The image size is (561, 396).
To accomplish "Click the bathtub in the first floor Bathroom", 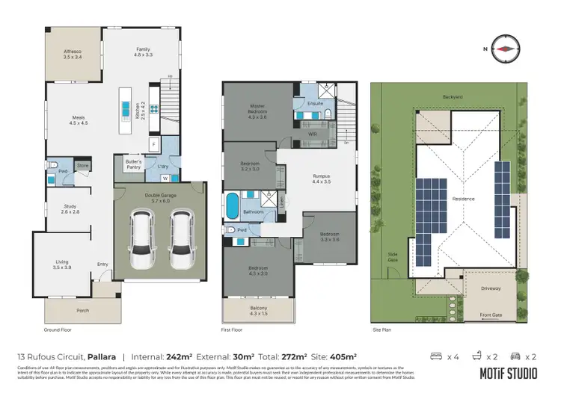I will coord(232,203).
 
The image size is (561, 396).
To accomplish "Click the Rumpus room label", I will coord(322,178).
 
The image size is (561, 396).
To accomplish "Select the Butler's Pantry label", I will coord(132,164).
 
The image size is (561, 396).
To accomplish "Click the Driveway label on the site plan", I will coord(491,286).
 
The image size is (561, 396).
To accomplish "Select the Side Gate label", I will coord(393,256).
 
